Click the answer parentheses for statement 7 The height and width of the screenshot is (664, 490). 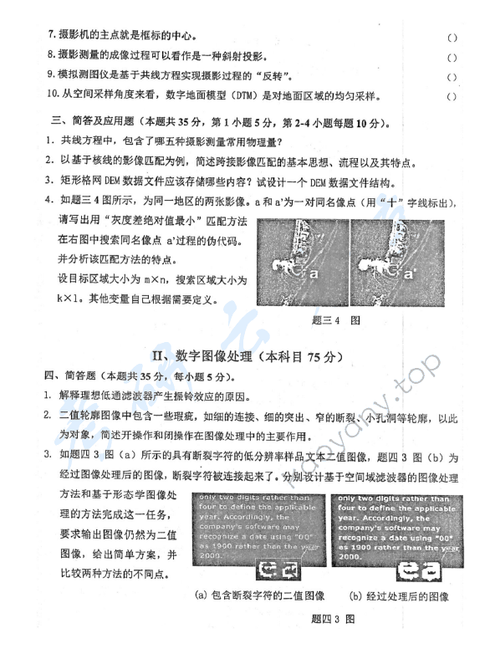pyautogui.click(x=453, y=38)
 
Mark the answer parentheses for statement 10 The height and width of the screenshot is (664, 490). pyautogui.click(x=453, y=96)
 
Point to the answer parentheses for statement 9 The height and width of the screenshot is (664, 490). pyautogui.click(x=453, y=77)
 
